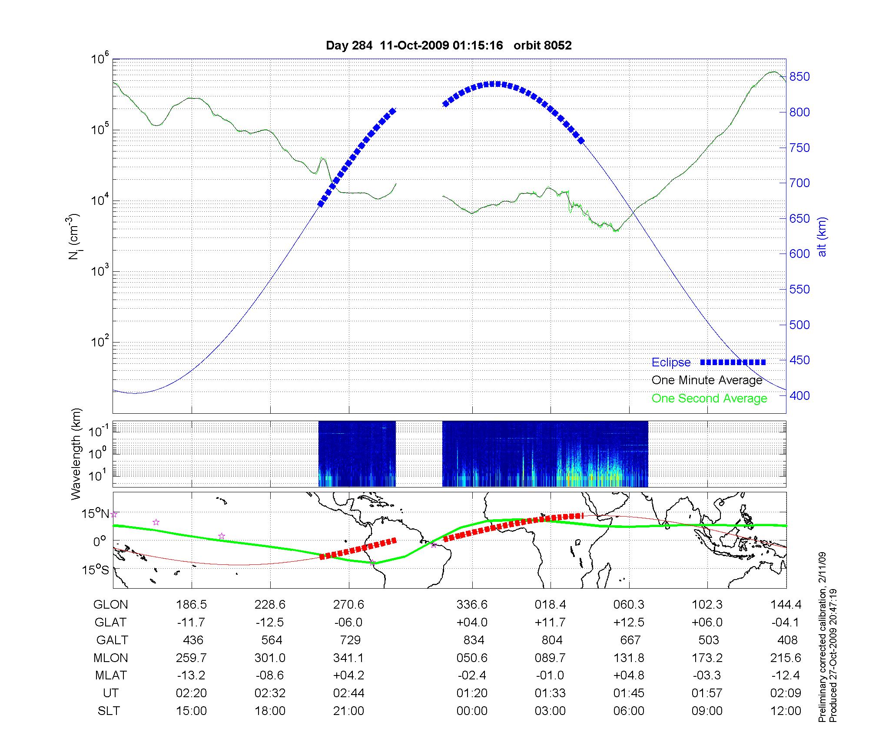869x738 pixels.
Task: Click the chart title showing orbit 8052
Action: (448, 45)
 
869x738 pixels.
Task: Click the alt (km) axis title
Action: (822, 237)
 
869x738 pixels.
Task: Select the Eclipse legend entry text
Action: (671, 362)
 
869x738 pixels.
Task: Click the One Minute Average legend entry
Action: (707, 380)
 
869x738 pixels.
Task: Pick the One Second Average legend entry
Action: (709, 399)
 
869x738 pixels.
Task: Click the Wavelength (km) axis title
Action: (76, 454)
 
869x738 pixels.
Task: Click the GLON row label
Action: (111, 605)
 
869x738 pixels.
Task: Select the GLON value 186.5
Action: (191, 605)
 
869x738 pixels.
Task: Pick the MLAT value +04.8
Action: (629, 675)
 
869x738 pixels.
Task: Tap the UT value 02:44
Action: (348, 693)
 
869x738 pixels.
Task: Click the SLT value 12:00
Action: (786, 711)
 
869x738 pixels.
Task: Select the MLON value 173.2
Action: (707, 658)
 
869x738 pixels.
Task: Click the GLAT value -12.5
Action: (270, 623)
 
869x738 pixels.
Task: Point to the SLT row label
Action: (109, 711)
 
